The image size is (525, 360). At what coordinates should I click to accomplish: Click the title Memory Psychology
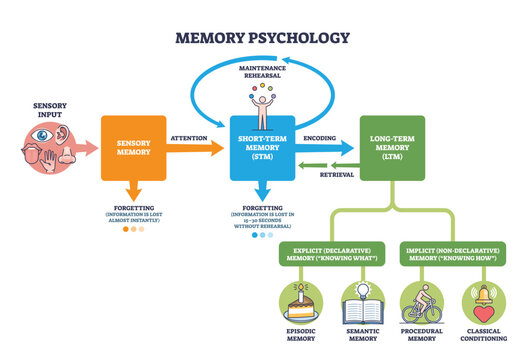262,39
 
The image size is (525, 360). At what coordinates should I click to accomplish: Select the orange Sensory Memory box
135,147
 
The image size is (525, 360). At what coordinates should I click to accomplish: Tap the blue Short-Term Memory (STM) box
262,148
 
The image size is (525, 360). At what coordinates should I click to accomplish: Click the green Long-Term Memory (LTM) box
391,148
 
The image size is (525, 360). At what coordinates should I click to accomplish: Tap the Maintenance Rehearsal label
263,72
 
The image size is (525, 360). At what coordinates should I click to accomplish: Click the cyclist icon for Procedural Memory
422,300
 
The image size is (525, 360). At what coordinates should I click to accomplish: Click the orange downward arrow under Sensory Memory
135,190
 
